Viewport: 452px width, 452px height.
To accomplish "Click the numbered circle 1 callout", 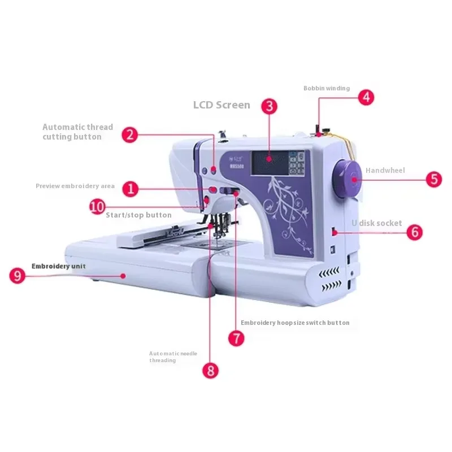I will (x=131, y=189).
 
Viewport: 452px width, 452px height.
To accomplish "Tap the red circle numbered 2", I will (x=131, y=134).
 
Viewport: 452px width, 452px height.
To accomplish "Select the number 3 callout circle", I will (x=269, y=106).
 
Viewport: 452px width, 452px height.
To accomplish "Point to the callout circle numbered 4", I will (x=366, y=97).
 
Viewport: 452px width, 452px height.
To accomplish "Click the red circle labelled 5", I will (x=433, y=179).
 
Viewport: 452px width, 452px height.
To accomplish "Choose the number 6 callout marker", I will (x=414, y=232).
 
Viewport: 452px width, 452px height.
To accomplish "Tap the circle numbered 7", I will (x=236, y=338).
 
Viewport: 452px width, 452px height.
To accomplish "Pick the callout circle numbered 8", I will (x=211, y=370).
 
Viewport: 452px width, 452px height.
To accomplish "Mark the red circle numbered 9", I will (x=18, y=276).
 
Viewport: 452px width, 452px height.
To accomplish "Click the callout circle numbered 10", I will (x=97, y=206).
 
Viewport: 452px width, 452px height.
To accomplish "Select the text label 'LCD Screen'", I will (x=221, y=105).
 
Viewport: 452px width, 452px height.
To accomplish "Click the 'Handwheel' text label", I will (x=385, y=170).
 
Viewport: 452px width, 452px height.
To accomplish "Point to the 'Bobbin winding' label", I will (x=327, y=88).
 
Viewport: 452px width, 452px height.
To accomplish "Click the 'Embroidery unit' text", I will (x=59, y=266).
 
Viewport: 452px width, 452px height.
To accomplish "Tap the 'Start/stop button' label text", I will (x=138, y=215).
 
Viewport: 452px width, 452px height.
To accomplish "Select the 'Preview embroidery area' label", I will (x=75, y=186).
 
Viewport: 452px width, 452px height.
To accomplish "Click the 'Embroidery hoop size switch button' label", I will (x=295, y=323).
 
